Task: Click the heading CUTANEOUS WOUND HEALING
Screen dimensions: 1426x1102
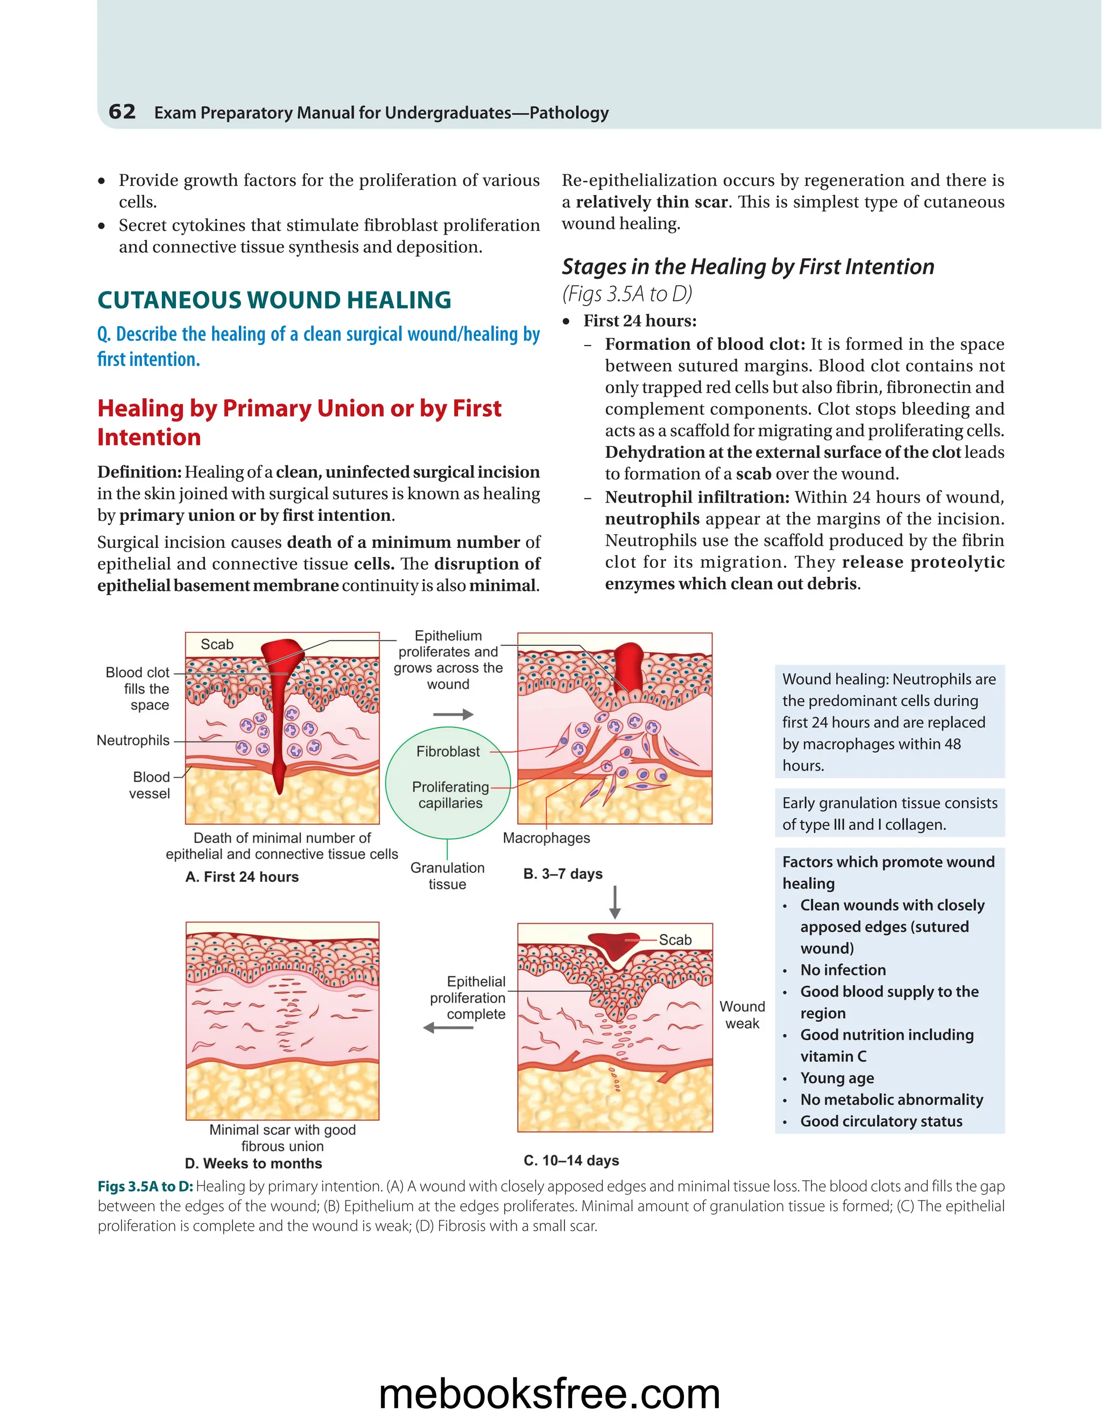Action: coord(274,300)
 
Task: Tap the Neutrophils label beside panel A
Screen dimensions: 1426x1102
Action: coord(133,740)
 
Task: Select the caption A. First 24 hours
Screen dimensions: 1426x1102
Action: coord(242,877)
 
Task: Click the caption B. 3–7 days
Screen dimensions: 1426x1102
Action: coord(563,873)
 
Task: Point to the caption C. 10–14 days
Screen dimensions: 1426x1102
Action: coord(571,1160)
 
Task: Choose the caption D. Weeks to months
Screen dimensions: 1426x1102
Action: coord(253,1163)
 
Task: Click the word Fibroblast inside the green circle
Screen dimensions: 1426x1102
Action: coord(448,752)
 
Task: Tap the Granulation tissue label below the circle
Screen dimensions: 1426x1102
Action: coord(447,876)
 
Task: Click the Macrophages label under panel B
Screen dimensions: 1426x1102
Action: coord(547,838)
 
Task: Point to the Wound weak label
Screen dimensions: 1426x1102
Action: coord(742,1015)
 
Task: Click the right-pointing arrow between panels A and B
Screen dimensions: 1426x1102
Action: coord(453,714)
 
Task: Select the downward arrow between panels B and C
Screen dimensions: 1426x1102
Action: coord(614,902)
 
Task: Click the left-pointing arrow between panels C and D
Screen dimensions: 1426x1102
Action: coord(449,1028)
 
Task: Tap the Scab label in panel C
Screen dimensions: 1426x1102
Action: coord(675,940)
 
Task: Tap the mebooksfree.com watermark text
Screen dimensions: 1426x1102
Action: coord(550,1393)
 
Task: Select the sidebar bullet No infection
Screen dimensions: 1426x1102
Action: coord(843,970)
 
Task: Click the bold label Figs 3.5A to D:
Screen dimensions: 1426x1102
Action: coord(145,1187)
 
